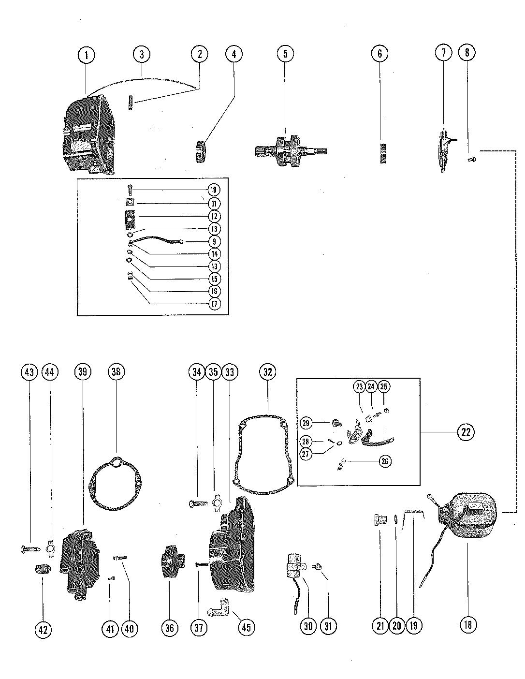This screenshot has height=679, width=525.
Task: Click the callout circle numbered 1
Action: (87, 55)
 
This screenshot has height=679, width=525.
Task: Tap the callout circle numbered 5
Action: (285, 54)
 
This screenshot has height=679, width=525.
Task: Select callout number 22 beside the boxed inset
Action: (466, 432)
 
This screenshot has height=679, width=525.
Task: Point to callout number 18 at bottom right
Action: (468, 624)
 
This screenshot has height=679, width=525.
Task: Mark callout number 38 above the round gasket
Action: (116, 372)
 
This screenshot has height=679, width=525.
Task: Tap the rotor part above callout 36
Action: (170, 561)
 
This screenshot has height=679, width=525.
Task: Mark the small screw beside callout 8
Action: (472, 158)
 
